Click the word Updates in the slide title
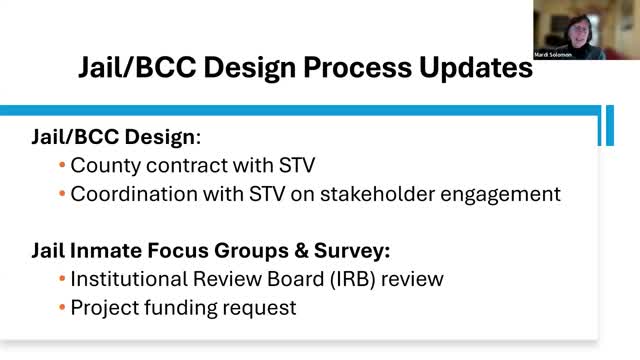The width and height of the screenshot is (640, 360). [476, 68]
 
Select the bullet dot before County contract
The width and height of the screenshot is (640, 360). [62, 165]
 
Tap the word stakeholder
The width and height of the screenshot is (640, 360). [377, 194]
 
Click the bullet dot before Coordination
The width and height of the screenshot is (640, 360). [62, 194]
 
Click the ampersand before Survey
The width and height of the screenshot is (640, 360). [301, 251]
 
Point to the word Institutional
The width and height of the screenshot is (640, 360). [129, 279]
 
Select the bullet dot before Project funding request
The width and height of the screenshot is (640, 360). [62, 307]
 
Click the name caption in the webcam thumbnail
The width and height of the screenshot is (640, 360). [553, 55]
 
